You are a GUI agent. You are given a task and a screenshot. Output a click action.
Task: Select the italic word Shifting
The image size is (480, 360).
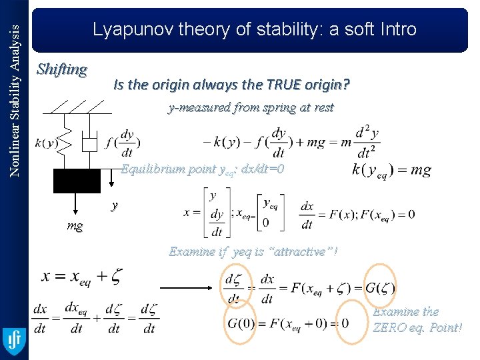[x=62, y=69]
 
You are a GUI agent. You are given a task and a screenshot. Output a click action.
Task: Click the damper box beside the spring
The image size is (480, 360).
[x=90, y=143]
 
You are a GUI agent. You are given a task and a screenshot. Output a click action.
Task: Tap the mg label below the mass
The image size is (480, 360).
[x=75, y=226]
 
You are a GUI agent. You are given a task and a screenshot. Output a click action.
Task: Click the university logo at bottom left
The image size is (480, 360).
[x=13, y=340]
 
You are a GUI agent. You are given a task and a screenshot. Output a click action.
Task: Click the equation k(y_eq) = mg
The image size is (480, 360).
[x=391, y=170]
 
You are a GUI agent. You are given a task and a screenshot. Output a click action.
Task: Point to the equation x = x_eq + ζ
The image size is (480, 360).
[x=82, y=275]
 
